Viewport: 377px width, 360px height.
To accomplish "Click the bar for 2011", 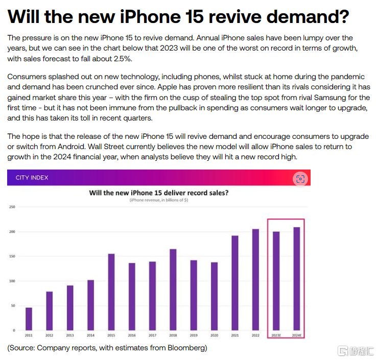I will click(29, 319).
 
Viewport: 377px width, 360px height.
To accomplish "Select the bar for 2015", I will click(111, 292).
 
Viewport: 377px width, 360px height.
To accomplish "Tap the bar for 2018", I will click(173, 289).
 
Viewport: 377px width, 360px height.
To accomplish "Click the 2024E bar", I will click(297, 278).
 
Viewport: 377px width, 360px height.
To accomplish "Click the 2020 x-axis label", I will click(214, 335).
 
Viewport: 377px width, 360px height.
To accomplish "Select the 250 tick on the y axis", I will click(12, 207).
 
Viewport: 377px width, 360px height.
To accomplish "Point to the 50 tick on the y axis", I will click(13, 305).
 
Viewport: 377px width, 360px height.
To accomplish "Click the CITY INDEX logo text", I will click(32, 178).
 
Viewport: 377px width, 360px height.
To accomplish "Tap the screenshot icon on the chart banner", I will click(300, 178).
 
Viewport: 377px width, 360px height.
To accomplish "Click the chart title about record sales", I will click(158, 193).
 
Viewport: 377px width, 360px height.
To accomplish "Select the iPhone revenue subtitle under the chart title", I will click(158, 201).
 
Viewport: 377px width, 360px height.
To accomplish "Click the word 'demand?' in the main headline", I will click(304, 17).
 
